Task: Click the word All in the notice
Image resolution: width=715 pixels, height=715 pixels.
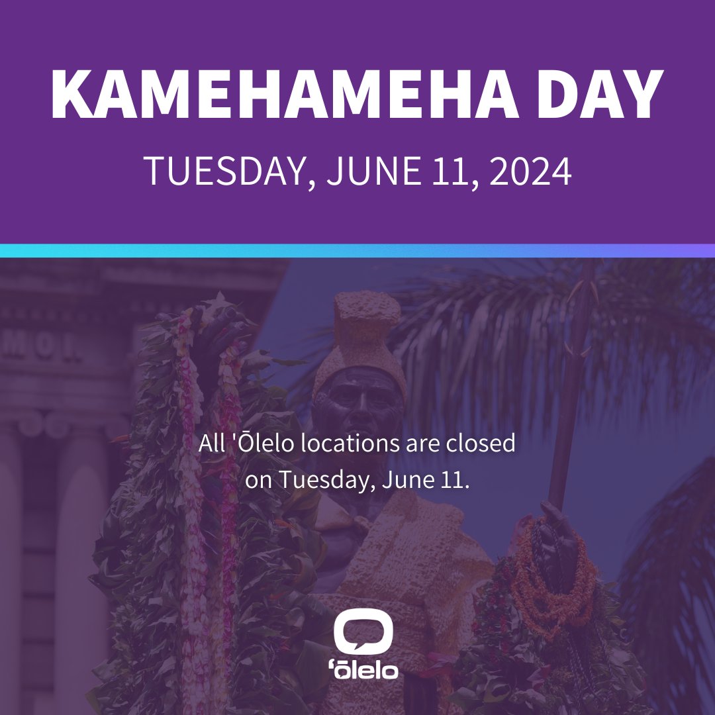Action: coord(210,443)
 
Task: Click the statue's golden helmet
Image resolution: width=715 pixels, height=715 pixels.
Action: coord(361,338)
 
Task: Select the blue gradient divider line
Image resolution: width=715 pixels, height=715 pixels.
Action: coord(358,251)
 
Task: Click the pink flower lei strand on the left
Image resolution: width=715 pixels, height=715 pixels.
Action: coord(192,463)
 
